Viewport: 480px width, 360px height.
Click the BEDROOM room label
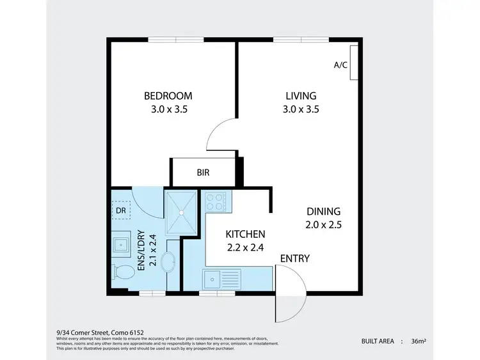coord(168,96)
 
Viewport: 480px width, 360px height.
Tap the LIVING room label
coord(301,96)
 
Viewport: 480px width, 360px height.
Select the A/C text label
coord(340,65)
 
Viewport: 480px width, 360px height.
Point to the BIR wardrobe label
coord(203,173)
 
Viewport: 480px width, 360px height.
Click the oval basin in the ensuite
coord(167,262)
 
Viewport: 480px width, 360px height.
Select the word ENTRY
coord(295,258)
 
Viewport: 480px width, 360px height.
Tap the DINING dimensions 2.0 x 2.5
coord(323,224)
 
